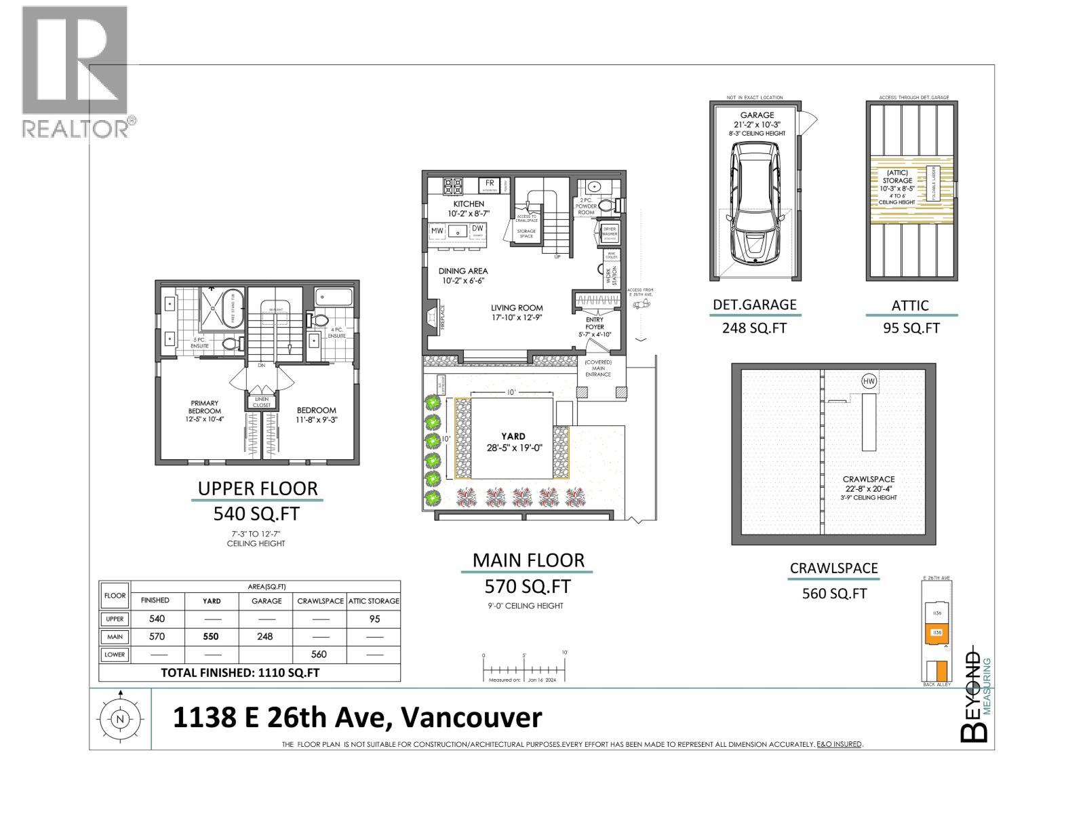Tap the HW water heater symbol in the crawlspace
(869, 381)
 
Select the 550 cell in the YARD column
(211, 636)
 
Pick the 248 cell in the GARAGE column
(265, 636)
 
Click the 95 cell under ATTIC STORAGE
(374, 619)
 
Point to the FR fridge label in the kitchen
(489, 184)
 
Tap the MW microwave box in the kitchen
(437, 231)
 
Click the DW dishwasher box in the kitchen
(477, 229)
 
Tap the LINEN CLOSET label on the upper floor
(262, 402)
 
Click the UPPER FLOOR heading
(258, 488)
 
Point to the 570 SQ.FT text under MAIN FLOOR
(528, 585)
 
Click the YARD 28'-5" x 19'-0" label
(513, 442)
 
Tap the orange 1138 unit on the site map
(937, 633)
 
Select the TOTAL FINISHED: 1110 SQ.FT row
(240, 673)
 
